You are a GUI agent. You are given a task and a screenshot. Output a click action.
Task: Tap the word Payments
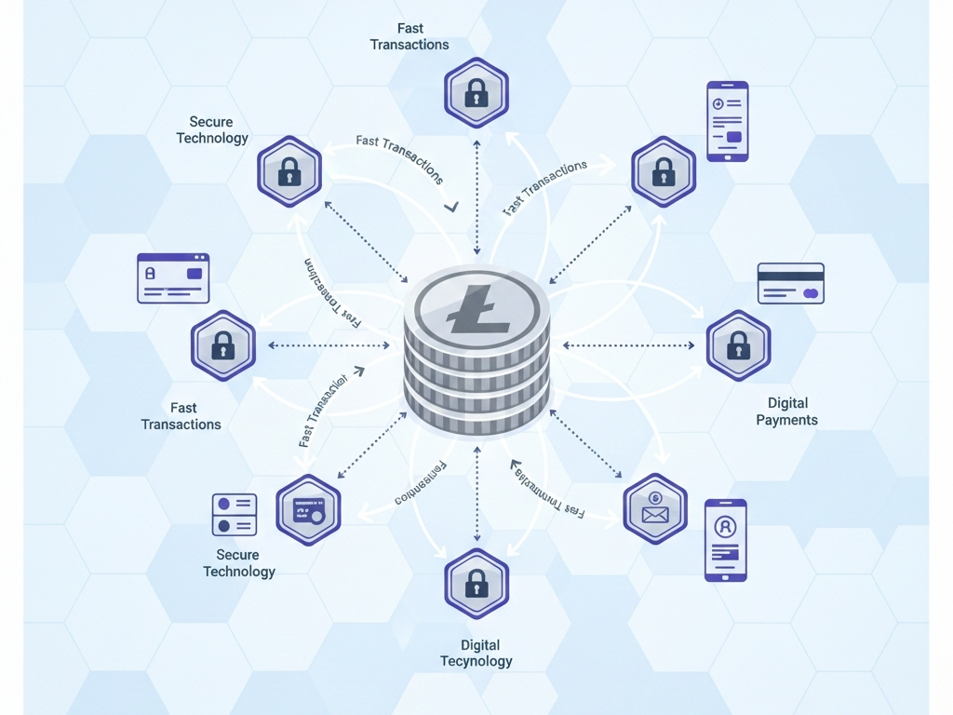coord(786,420)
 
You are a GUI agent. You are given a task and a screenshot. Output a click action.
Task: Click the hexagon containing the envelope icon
coord(655,508)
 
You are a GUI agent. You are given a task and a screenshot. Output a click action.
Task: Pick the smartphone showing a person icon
coord(725,540)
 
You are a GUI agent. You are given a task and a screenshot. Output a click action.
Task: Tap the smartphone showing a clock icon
coord(727,121)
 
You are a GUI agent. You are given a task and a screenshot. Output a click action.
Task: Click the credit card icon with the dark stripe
coord(790,283)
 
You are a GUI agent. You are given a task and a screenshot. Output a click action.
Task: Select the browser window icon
coord(173,277)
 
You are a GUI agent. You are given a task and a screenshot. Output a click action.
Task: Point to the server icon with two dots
coord(235,514)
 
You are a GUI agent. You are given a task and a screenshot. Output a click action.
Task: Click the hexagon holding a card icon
coord(308,509)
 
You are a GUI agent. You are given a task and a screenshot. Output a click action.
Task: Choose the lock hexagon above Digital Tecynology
coord(476,583)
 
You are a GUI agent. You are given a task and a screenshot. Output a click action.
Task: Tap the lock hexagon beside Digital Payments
coord(738,345)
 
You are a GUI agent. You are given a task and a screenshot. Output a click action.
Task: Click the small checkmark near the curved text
coord(451,206)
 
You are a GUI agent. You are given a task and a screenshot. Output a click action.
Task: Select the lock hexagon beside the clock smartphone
coord(663,171)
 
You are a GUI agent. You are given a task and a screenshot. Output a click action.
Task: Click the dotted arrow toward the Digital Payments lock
coord(628,345)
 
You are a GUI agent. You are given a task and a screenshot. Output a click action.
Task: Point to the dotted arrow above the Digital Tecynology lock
coord(476,493)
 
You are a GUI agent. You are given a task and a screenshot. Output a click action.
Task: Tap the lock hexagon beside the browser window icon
coord(222,345)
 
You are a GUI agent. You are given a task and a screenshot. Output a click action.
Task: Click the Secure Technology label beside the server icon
coord(239,563)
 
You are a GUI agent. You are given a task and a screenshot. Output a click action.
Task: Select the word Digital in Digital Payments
coord(787,403)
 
